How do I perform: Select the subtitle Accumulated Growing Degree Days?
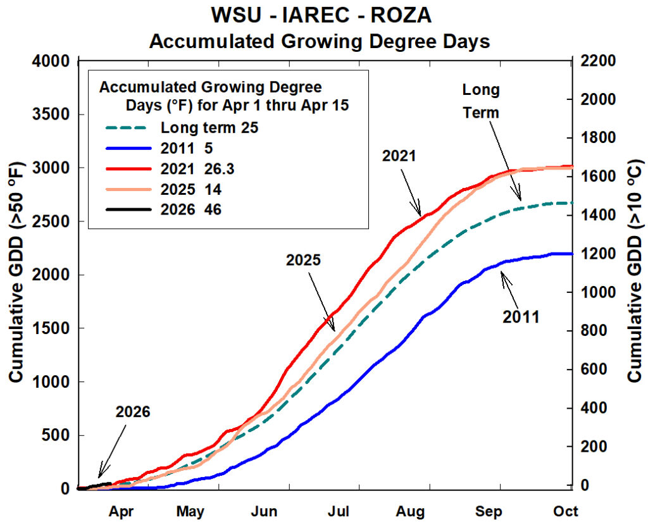tap(319, 42)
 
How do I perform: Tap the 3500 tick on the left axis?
tap(51, 115)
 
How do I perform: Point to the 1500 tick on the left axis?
tap(51, 328)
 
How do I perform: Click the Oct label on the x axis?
tap(564, 511)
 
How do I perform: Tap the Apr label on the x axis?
tap(122, 511)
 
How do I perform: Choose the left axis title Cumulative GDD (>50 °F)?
tap(16, 276)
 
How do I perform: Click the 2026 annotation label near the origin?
tap(133, 412)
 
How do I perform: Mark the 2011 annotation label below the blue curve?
tap(521, 316)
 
